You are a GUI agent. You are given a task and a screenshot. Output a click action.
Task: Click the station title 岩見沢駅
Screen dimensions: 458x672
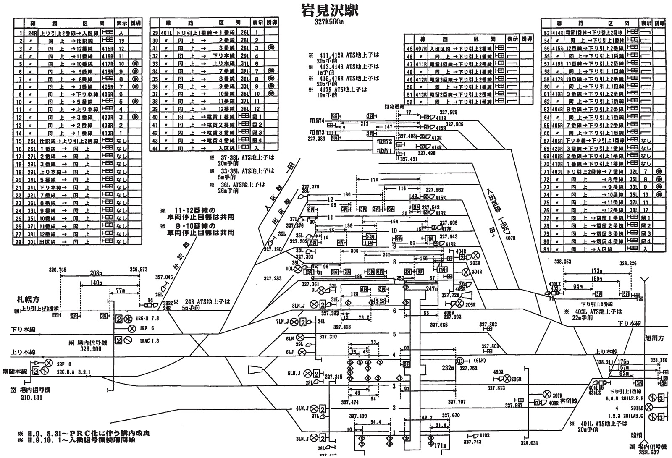[330, 10]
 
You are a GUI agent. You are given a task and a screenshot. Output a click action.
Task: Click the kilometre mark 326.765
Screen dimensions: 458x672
[58, 270]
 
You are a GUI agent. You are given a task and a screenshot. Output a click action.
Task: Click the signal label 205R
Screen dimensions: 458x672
[470, 305]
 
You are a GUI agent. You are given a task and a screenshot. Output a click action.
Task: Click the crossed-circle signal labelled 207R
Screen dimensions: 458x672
[547, 394]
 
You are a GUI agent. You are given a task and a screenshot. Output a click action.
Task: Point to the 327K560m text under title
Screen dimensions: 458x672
[330, 23]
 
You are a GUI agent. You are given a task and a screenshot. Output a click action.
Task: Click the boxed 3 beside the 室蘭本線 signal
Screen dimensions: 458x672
[36, 371]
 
